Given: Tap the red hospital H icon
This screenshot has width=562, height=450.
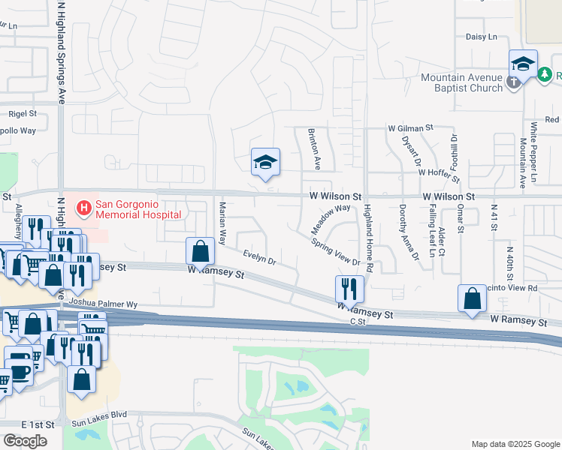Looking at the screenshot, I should tap(84, 205).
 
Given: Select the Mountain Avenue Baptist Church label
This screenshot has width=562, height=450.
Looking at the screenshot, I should tap(461, 82).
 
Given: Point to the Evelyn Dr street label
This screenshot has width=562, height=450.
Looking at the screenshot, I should tap(259, 258).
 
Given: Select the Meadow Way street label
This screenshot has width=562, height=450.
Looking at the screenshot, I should tap(331, 218).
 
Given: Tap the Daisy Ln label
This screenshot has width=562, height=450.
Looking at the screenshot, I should tap(482, 36).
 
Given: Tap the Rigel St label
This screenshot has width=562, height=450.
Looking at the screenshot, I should tap(22, 113).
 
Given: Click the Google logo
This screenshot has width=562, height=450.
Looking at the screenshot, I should tap(25, 441).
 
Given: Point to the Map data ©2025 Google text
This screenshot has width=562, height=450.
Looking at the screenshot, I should tap(515, 444).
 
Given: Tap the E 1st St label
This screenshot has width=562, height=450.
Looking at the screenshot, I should tap(38, 424).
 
